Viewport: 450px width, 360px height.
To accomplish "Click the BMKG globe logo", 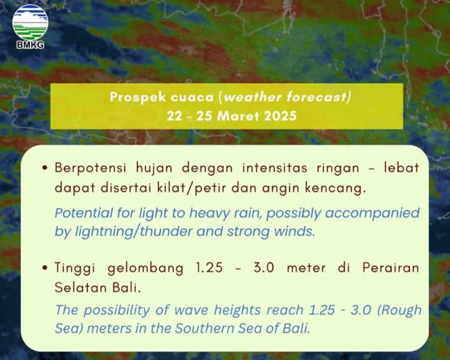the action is coord(30,22).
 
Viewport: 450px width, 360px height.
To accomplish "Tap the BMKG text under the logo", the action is coord(30,45).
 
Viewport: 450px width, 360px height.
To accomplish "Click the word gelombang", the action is coord(145,268).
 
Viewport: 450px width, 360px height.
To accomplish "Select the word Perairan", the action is coord(391,267).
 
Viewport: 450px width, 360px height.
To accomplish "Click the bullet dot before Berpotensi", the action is coord(44,168).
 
